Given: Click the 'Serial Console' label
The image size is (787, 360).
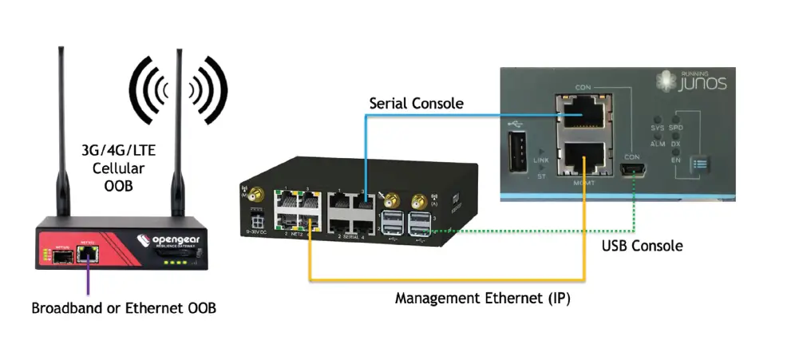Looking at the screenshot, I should [415, 104].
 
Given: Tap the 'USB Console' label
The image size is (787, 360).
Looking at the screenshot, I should [642, 246].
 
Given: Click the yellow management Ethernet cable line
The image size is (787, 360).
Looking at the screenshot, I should [447, 280].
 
